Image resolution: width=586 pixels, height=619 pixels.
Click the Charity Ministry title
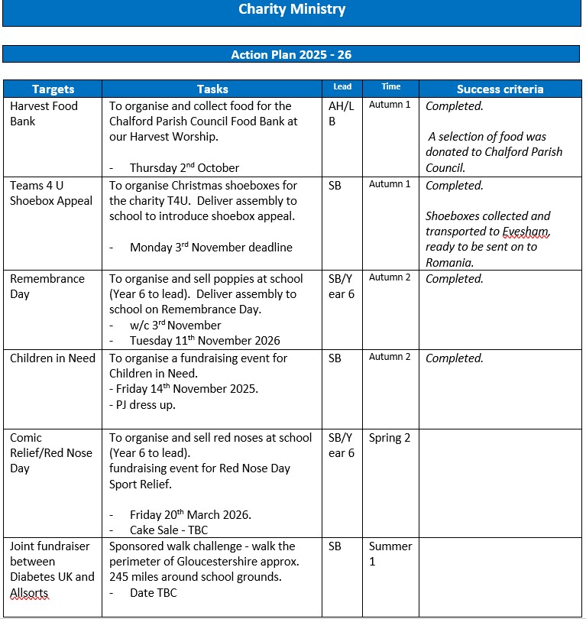point(292,10)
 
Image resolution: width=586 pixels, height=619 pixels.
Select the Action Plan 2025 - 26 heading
point(291,55)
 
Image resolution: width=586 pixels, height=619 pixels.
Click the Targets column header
point(53,89)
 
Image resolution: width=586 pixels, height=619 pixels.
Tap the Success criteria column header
point(500,89)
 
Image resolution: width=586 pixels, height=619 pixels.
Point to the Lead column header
point(342,87)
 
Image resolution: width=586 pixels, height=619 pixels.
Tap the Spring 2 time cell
point(390,438)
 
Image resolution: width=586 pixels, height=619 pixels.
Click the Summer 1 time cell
point(390,554)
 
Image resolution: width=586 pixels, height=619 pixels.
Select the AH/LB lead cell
point(342,114)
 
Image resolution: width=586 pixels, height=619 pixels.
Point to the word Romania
point(449,262)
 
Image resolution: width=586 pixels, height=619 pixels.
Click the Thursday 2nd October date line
point(184,168)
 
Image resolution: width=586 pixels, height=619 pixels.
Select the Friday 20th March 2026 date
point(190,515)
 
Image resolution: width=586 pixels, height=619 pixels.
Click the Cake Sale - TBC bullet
point(168,530)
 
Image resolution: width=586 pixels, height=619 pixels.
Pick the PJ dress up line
point(143,405)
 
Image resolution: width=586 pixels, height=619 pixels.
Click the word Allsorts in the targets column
point(29,593)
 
